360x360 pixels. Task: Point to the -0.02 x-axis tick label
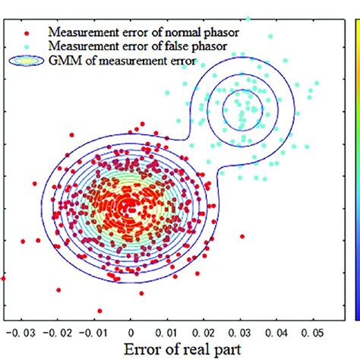click(x=58, y=332)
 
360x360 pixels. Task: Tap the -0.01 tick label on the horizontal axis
click(x=95, y=332)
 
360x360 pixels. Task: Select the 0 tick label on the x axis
click(x=131, y=332)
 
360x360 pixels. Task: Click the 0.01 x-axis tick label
click(x=168, y=332)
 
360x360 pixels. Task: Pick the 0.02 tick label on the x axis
click(x=204, y=332)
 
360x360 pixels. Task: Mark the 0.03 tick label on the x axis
click(x=241, y=332)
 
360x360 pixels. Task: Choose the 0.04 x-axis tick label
click(x=277, y=332)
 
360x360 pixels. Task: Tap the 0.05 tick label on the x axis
click(x=313, y=332)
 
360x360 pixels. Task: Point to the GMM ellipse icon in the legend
click(x=27, y=61)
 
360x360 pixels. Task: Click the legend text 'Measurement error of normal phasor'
click(x=133, y=33)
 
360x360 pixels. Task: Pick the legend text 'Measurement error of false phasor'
click(x=129, y=46)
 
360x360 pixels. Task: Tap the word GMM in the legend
click(x=63, y=61)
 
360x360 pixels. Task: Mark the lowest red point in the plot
click(x=99, y=311)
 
